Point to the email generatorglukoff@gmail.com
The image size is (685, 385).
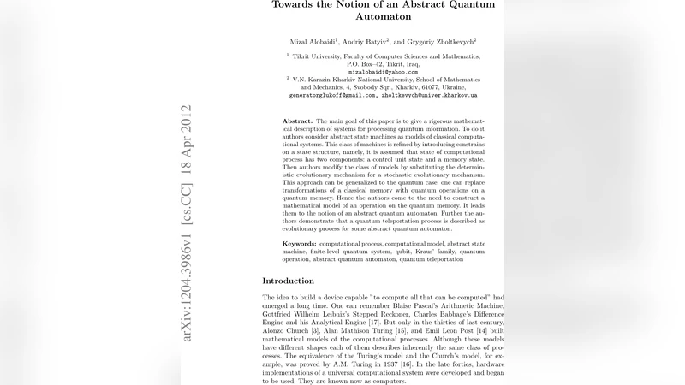[x=331, y=96]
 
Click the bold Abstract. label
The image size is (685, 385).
[x=298, y=121]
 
